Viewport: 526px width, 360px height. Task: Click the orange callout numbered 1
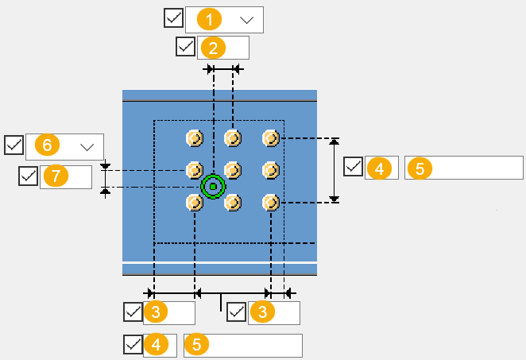[x=208, y=19]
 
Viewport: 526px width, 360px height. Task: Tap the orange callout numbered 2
[x=212, y=47]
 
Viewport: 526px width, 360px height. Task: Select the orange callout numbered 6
[x=48, y=145]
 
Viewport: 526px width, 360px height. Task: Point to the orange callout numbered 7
[x=55, y=176]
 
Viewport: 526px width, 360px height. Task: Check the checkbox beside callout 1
[x=173, y=17]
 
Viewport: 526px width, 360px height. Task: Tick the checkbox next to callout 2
[x=185, y=46]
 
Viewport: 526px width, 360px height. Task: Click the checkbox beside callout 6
[x=14, y=145]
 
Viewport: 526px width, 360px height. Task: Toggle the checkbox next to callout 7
[x=29, y=176]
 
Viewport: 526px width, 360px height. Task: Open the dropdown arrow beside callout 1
[x=246, y=19]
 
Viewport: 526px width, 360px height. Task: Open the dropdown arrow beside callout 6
[x=87, y=145]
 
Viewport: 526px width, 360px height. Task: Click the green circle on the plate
[x=213, y=186]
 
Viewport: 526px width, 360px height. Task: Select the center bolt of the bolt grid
[x=233, y=170]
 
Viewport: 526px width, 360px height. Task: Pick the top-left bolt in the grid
[x=195, y=138]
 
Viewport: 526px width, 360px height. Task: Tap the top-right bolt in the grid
[x=271, y=138]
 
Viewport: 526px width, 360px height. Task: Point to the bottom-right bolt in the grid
[x=271, y=203]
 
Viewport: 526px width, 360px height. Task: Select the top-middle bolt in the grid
[x=233, y=138]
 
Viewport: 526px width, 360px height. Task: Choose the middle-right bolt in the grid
[x=271, y=170]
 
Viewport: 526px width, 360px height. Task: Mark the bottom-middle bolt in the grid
[x=233, y=203]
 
